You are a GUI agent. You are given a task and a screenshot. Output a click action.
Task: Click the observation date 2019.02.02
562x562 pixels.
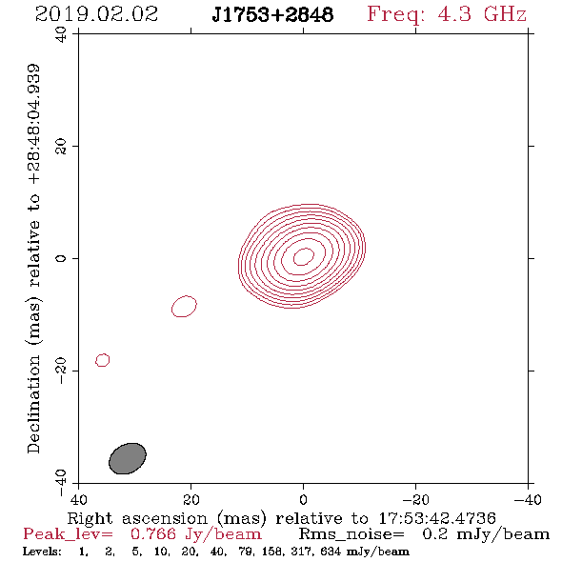pyautogui.click(x=96, y=14)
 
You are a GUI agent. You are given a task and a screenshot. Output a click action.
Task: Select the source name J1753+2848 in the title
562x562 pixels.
pyautogui.click(x=272, y=14)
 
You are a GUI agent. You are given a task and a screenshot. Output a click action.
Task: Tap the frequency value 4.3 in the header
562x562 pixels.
pyautogui.click(x=454, y=14)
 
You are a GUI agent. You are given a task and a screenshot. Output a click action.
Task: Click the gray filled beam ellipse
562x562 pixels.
pyautogui.click(x=128, y=458)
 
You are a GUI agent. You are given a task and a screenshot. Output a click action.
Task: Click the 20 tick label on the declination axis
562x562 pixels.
pyautogui.click(x=61, y=147)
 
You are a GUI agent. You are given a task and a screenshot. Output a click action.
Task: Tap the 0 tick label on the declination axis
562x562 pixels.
pyautogui.click(x=61, y=258)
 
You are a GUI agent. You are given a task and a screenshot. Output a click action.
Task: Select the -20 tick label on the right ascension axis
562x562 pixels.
pyautogui.click(x=415, y=499)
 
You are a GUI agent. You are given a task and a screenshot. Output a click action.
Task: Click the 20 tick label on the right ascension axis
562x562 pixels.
pyautogui.click(x=191, y=499)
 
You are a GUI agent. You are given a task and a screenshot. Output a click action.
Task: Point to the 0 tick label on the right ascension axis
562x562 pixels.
pyautogui.click(x=303, y=499)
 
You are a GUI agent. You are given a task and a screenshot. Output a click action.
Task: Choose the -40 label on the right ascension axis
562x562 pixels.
pyautogui.click(x=528, y=499)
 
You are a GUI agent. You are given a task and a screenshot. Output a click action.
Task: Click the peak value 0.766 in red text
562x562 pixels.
pyautogui.click(x=153, y=534)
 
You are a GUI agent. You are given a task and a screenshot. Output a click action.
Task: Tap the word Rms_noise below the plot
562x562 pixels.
pyautogui.click(x=351, y=534)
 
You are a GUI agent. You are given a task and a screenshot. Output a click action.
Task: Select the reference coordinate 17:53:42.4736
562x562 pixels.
pyautogui.click(x=437, y=518)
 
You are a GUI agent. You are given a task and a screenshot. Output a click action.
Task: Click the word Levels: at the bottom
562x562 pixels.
pyautogui.click(x=42, y=552)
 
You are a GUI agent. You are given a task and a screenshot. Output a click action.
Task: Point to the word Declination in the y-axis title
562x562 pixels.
pyautogui.click(x=33, y=404)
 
